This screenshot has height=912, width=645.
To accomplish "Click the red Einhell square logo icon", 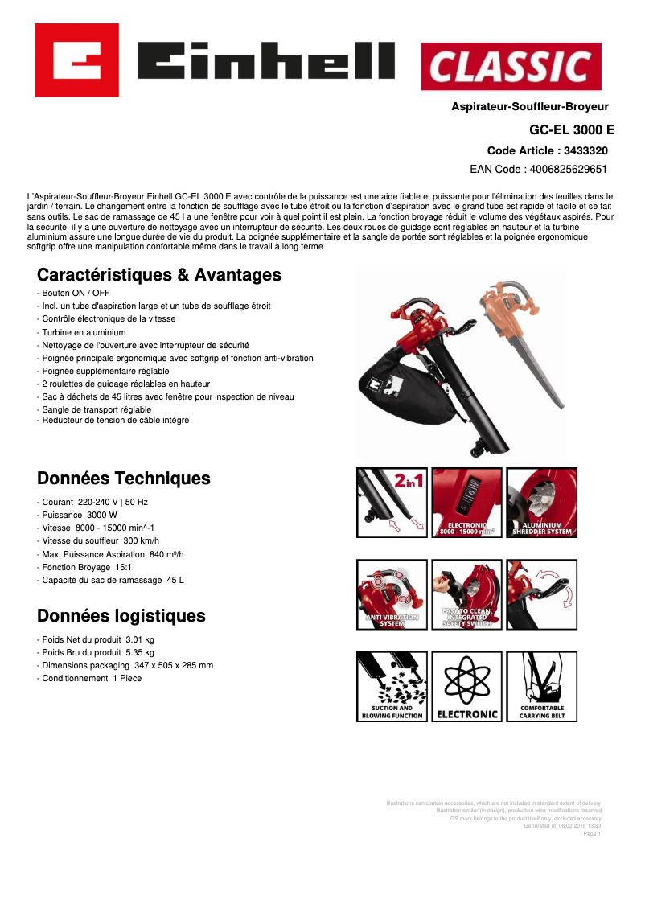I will (x=76, y=60).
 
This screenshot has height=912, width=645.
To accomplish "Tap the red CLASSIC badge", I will (x=511, y=66).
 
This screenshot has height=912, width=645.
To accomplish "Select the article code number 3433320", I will (x=585, y=150).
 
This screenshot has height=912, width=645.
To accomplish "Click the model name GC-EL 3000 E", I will (x=571, y=129).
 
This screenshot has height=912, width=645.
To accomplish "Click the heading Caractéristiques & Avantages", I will (x=159, y=275).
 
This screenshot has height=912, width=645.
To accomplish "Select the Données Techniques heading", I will (x=124, y=479).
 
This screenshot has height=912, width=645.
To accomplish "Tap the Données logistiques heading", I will (x=121, y=616).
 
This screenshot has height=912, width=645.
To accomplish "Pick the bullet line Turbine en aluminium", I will (x=84, y=332).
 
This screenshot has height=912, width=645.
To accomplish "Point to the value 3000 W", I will (x=102, y=515).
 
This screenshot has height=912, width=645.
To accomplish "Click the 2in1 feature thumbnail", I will (x=392, y=503).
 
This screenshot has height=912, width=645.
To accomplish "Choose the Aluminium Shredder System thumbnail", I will (x=541, y=503).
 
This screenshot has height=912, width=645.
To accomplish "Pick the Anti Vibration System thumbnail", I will (x=392, y=594).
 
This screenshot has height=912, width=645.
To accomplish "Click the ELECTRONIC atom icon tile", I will (x=467, y=686).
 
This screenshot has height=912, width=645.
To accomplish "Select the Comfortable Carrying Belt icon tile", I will (x=541, y=686).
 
